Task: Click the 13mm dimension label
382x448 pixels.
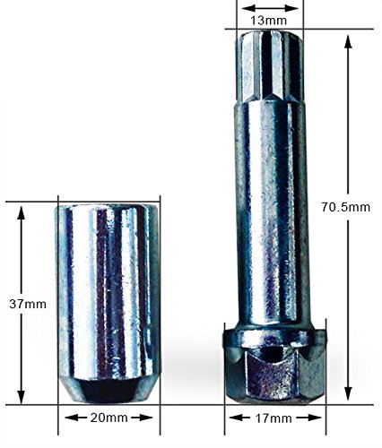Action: [x=269, y=18]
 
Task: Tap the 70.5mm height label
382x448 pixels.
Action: [x=346, y=207]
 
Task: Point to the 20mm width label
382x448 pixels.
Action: [x=109, y=418]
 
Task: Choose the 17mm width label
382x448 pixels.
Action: [x=274, y=418]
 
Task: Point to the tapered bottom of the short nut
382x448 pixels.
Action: [x=108, y=391]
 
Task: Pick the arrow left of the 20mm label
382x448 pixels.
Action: [x=71, y=418]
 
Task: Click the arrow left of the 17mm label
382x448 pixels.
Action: [x=236, y=418]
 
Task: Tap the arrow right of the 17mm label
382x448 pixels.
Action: [x=313, y=418]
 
